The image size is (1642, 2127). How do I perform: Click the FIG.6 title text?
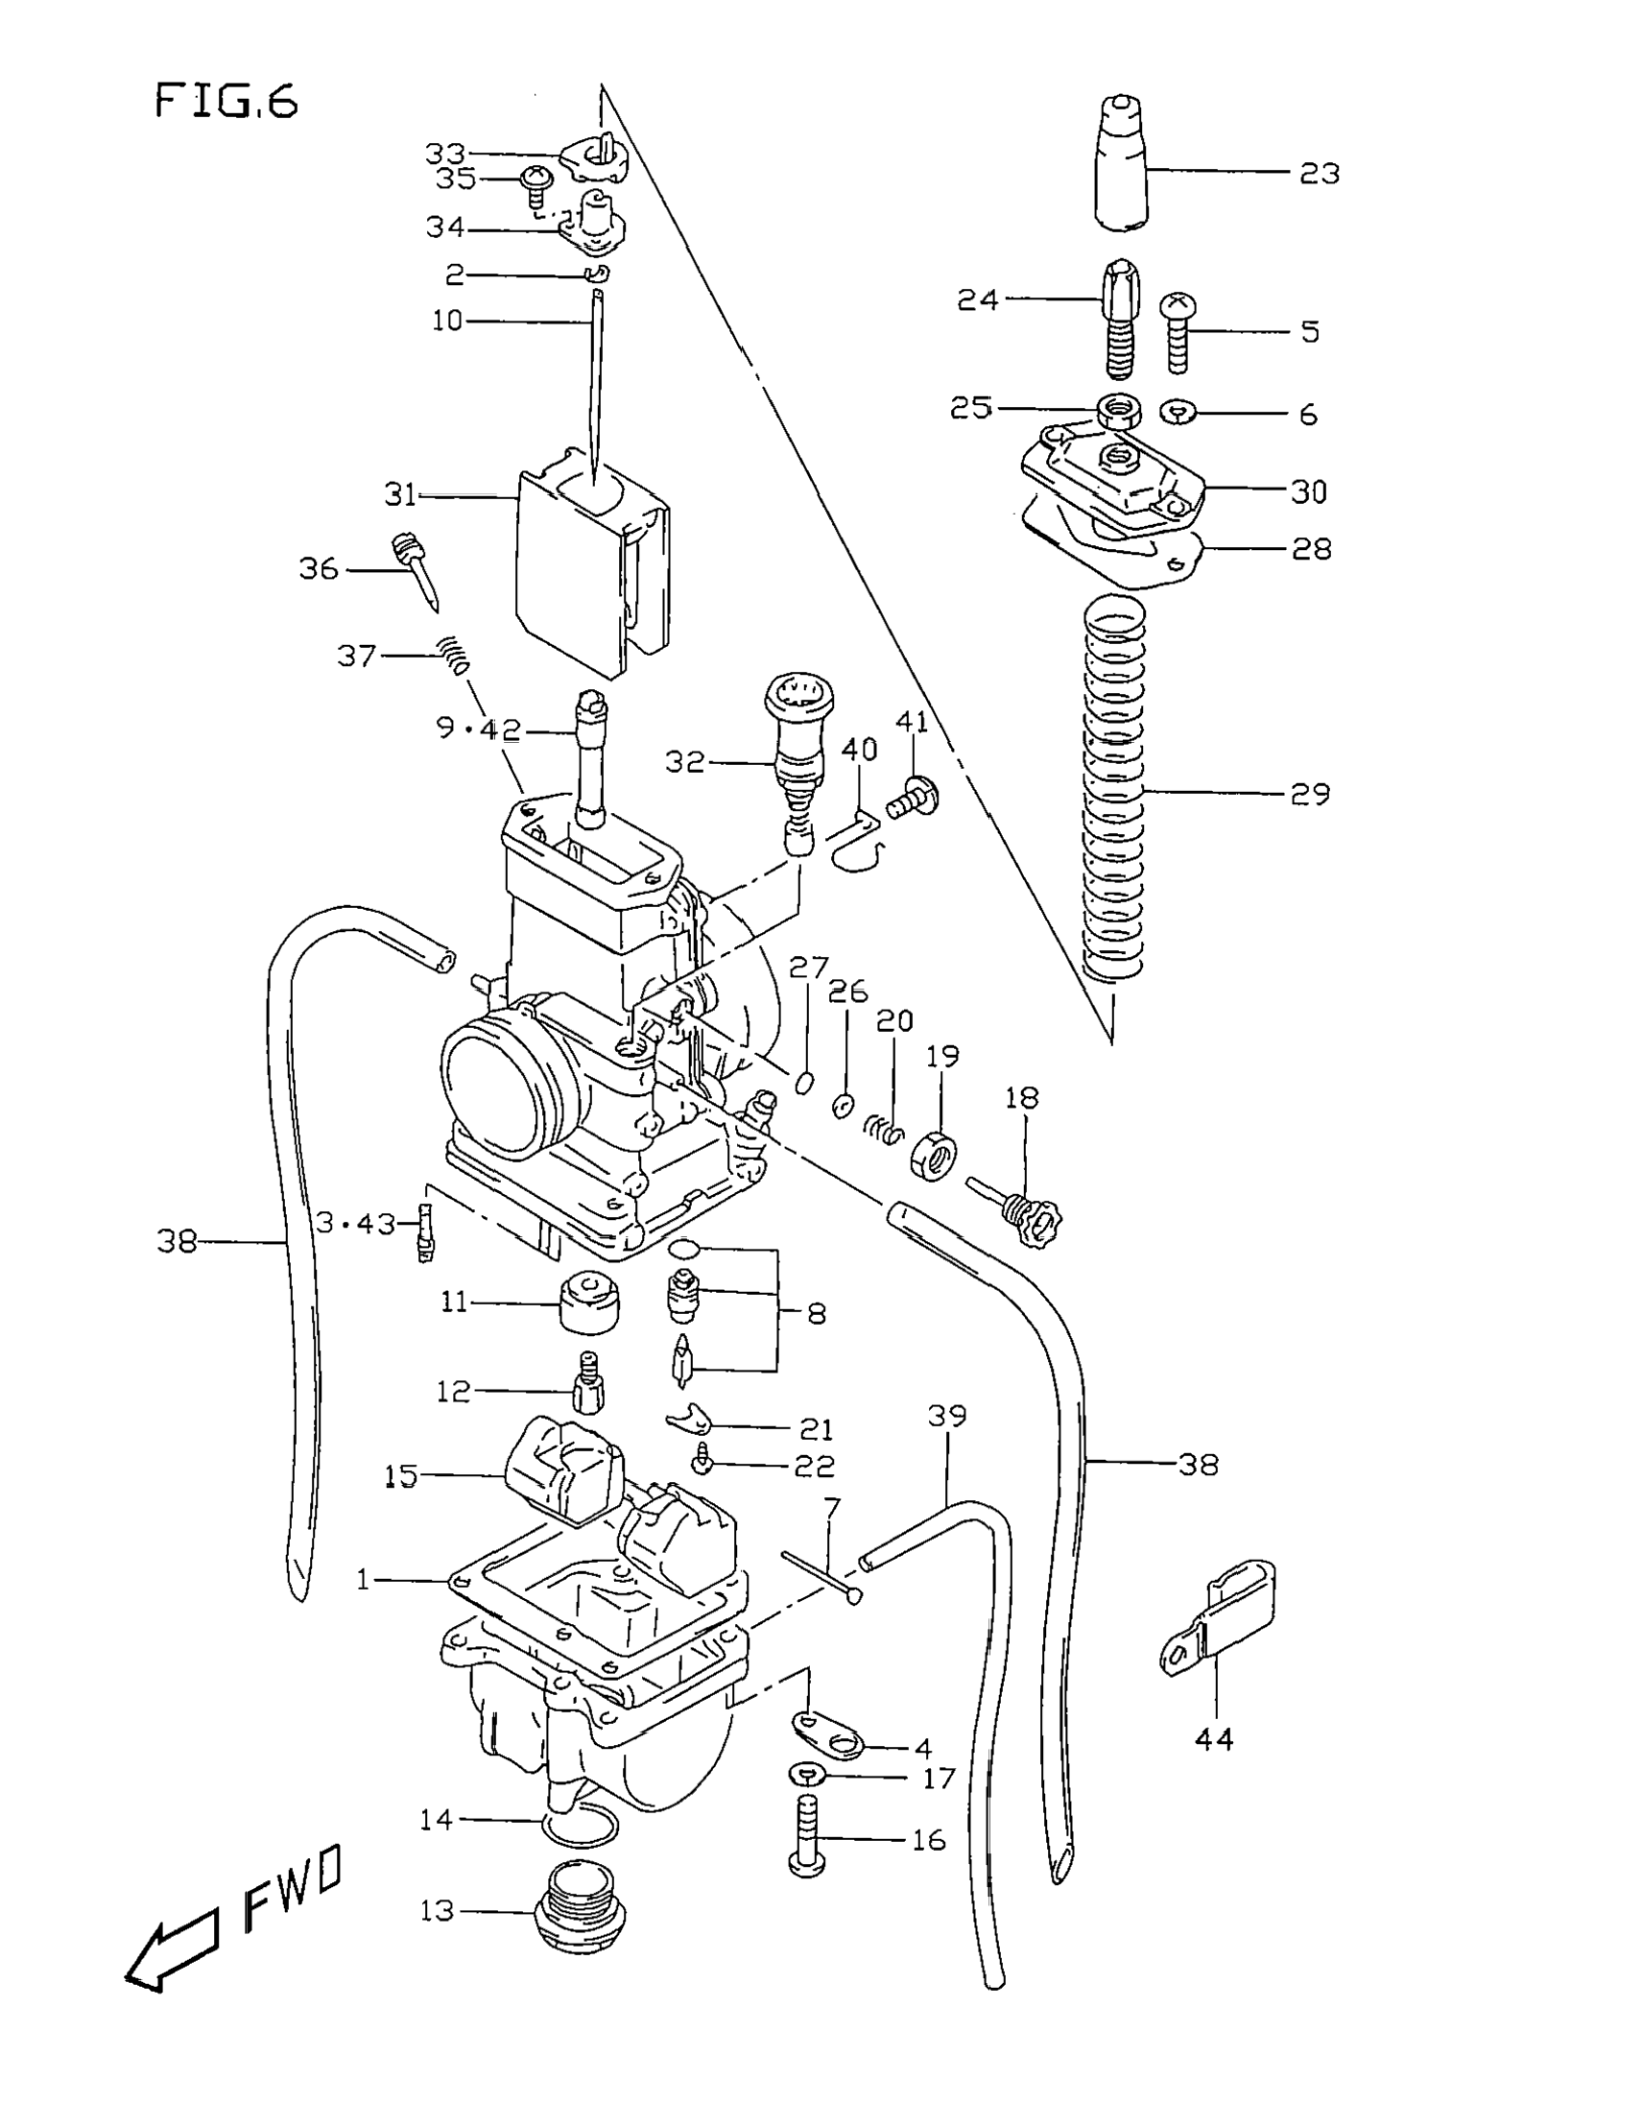click(226, 102)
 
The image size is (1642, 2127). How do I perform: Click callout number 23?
click(1320, 174)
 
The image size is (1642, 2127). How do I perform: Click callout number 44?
click(1213, 1738)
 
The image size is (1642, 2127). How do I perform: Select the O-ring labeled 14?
click(579, 1822)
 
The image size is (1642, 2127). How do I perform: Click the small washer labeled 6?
click(1178, 413)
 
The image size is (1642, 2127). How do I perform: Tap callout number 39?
click(946, 1415)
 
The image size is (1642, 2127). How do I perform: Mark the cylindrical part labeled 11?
click(589, 1302)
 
